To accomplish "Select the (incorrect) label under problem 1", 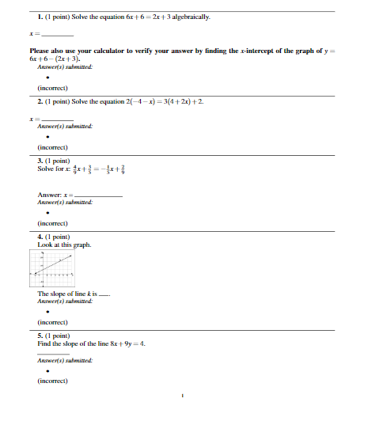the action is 51,89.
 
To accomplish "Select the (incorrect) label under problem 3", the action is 51,225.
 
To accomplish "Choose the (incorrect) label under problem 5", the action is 51,382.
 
